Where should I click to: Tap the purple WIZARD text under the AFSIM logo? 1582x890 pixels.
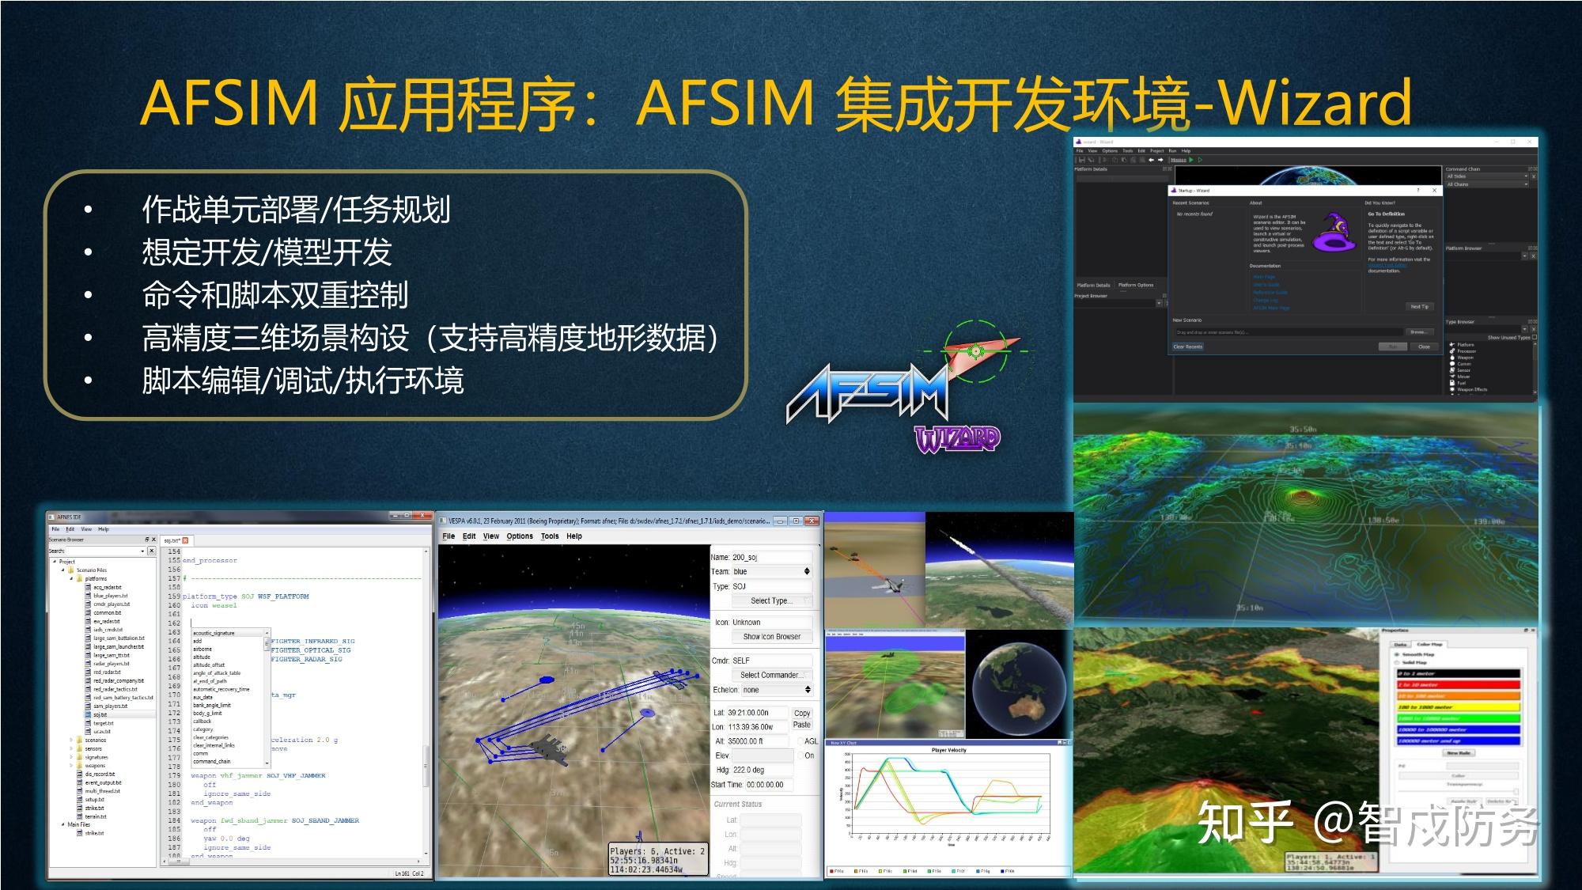click(957, 438)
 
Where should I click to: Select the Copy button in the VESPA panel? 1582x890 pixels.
click(801, 713)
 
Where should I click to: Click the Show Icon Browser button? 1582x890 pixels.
click(770, 636)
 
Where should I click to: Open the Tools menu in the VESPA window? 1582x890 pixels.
click(549, 536)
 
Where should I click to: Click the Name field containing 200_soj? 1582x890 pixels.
click(770, 557)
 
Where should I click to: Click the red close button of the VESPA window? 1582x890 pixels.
click(812, 521)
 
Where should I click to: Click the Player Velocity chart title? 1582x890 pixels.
click(948, 750)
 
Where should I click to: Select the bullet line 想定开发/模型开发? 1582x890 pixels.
click(267, 252)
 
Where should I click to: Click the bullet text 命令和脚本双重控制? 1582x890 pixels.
click(274, 295)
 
